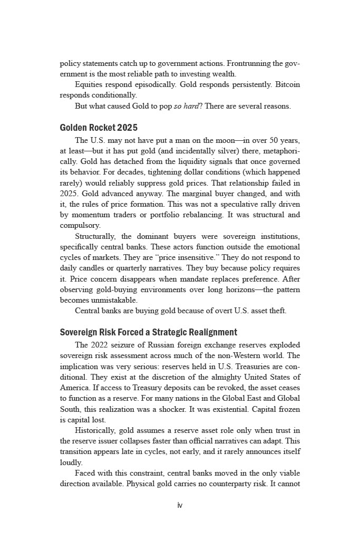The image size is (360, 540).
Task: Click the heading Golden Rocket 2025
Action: [x=99, y=128]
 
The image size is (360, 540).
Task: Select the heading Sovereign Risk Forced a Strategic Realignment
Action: [x=149, y=332]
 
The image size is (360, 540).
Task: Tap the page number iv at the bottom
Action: [x=180, y=505]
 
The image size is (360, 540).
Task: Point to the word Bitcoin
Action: [x=288, y=84]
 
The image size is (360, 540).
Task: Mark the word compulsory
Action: [x=80, y=225]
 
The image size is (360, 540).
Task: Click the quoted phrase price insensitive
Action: [x=182, y=257]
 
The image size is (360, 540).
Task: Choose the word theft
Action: [x=277, y=311]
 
